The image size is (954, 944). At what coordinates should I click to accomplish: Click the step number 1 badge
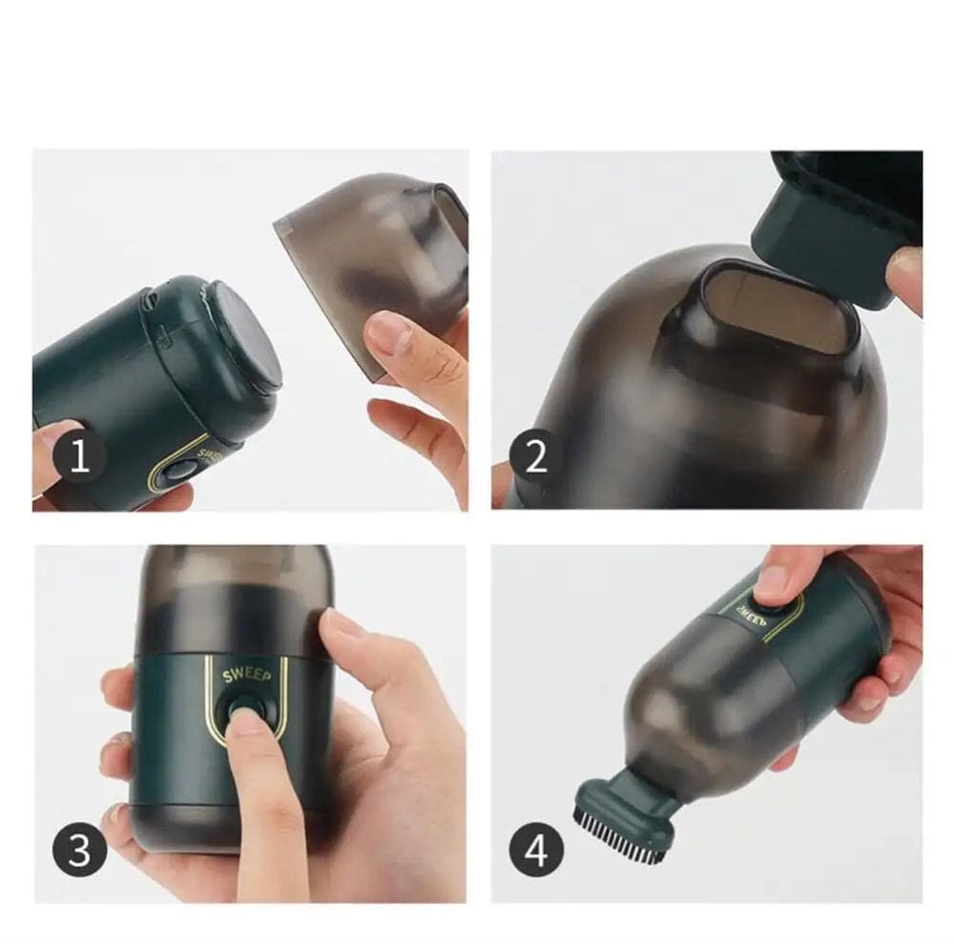point(79,459)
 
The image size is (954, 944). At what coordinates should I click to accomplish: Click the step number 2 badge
point(537,457)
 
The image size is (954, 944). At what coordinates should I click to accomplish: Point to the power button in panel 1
point(178,473)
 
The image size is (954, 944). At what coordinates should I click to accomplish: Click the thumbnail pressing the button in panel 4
point(775,580)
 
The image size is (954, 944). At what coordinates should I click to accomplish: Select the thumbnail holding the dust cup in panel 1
point(388,331)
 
